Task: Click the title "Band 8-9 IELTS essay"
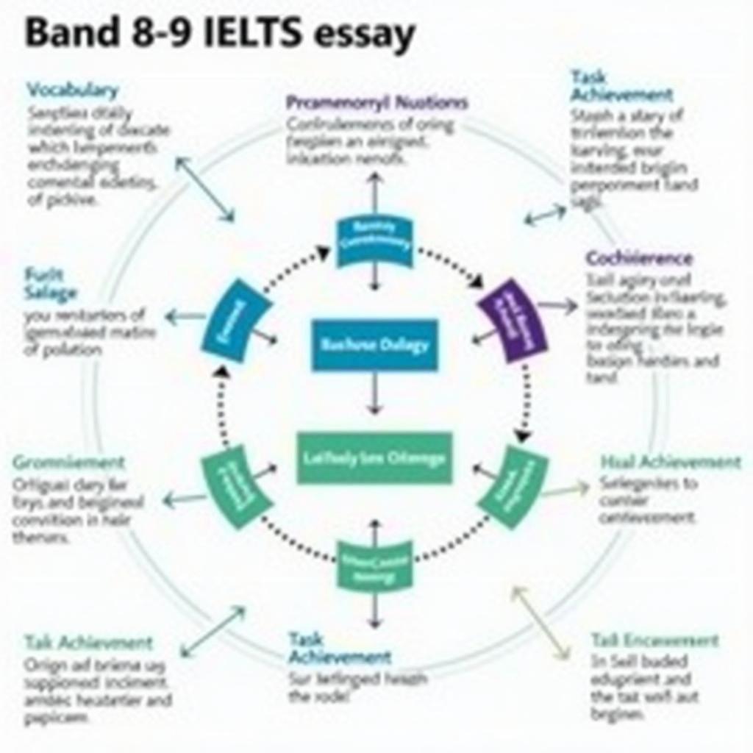pos(220,35)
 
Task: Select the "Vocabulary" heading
pos(72,90)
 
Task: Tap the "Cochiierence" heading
pos(639,258)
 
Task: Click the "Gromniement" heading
pos(68,463)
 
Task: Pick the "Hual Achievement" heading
pos(671,462)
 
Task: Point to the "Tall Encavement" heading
pos(654,640)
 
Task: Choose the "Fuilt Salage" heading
pos(50,284)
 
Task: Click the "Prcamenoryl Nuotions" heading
pos(376,102)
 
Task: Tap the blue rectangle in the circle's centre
pos(374,344)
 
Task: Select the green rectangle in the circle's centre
pos(374,457)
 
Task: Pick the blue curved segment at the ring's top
pos(374,241)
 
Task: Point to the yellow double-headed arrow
pos(541,622)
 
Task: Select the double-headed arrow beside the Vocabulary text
pos(204,188)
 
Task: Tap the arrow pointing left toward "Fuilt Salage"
pos(185,318)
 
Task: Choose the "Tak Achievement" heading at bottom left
pos(88,643)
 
